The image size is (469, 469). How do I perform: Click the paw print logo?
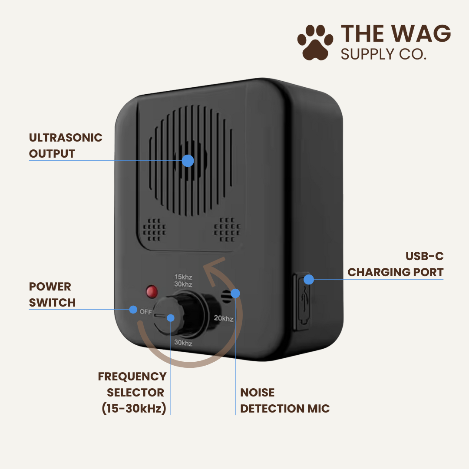315,43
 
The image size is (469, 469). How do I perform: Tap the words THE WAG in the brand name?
396,33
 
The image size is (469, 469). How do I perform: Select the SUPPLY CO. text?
383,54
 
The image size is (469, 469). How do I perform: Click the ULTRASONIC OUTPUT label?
66,145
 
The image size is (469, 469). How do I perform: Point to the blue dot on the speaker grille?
188,161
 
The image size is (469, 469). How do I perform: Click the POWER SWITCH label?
52,294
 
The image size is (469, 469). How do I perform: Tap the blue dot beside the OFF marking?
133,309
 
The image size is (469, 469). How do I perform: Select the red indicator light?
152,292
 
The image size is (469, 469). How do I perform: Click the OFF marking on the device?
145,312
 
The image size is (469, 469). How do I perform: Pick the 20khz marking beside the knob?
224,318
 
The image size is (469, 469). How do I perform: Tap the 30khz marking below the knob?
183,343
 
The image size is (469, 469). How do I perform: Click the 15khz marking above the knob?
183,277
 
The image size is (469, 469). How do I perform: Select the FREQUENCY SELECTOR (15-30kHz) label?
132,393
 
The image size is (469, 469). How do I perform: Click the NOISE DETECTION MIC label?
285,400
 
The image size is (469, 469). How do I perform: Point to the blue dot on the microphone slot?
235,294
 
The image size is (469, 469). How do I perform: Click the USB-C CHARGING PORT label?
396,264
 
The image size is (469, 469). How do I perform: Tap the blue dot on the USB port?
309,280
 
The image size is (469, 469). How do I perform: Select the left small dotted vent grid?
154,229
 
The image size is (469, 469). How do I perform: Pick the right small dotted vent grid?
227,229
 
